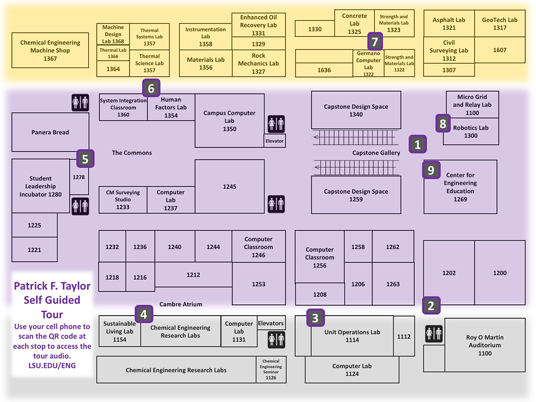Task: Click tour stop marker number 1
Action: tap(417, 144)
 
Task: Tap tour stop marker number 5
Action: tap(85, 159)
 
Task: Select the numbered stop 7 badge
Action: tap(375, 41)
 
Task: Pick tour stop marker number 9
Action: tap(431, 170)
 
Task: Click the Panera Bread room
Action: tap(50, 133)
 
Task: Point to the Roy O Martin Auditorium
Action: tap(484, 345)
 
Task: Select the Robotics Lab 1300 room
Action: tap(470, 132)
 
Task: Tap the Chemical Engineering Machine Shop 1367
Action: tap(50, 51)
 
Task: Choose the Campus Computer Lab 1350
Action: tap(229, 121)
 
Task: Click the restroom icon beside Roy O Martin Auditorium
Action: tap(434, 334)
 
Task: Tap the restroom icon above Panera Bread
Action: tap(80, 102)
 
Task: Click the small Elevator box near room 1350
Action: tap(274, 141)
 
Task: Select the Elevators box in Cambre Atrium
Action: tap(271, 324)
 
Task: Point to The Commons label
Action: tap(132, 153)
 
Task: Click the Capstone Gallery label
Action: tap(376, 153)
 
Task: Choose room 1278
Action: tap(79, 177)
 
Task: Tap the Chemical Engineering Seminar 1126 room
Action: tap(271, 370)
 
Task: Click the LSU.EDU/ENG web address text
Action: tap(52, 365)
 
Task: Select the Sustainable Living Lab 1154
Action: tap(119, 332)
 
